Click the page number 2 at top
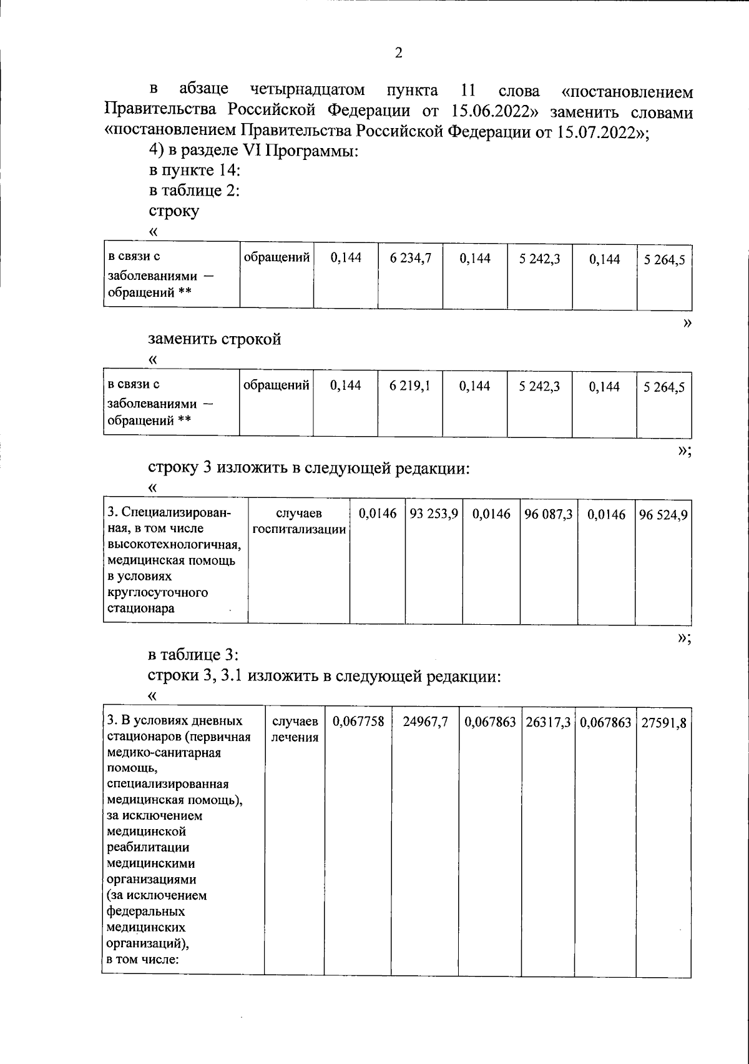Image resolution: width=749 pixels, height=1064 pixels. pyautogui.click(x=399, y=52)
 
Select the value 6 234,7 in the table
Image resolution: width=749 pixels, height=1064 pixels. pyautogui.click(x=410, y=258)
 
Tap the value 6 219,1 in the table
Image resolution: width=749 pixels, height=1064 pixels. pyautogui.click(x=410, y=386)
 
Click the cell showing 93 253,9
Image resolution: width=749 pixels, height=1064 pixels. pyautogui.click(x=434, y=514)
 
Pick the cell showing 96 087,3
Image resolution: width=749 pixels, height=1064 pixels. pyautogui.click(x=549, y=514)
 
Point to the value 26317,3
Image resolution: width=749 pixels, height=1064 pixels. pyautogui.click(x=548, y=722)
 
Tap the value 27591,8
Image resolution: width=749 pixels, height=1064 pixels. pyautogui.click(x=663, y=723)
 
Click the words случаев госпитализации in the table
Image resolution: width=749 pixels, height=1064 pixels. pyautogui.click(x=299, y=522)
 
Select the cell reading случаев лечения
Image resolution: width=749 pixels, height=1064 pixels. pyautogui.click(x=295, y=729)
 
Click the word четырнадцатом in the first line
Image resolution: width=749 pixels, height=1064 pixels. pyautogui.click(x=307, y=90)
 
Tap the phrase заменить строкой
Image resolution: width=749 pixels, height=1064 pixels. pyautogui.click(x=214, y=339)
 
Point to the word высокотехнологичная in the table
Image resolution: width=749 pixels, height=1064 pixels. pyautogui.click(x=174, y=544)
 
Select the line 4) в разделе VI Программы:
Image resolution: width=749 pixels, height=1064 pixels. pyautogui.click(x=253, y=151)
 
